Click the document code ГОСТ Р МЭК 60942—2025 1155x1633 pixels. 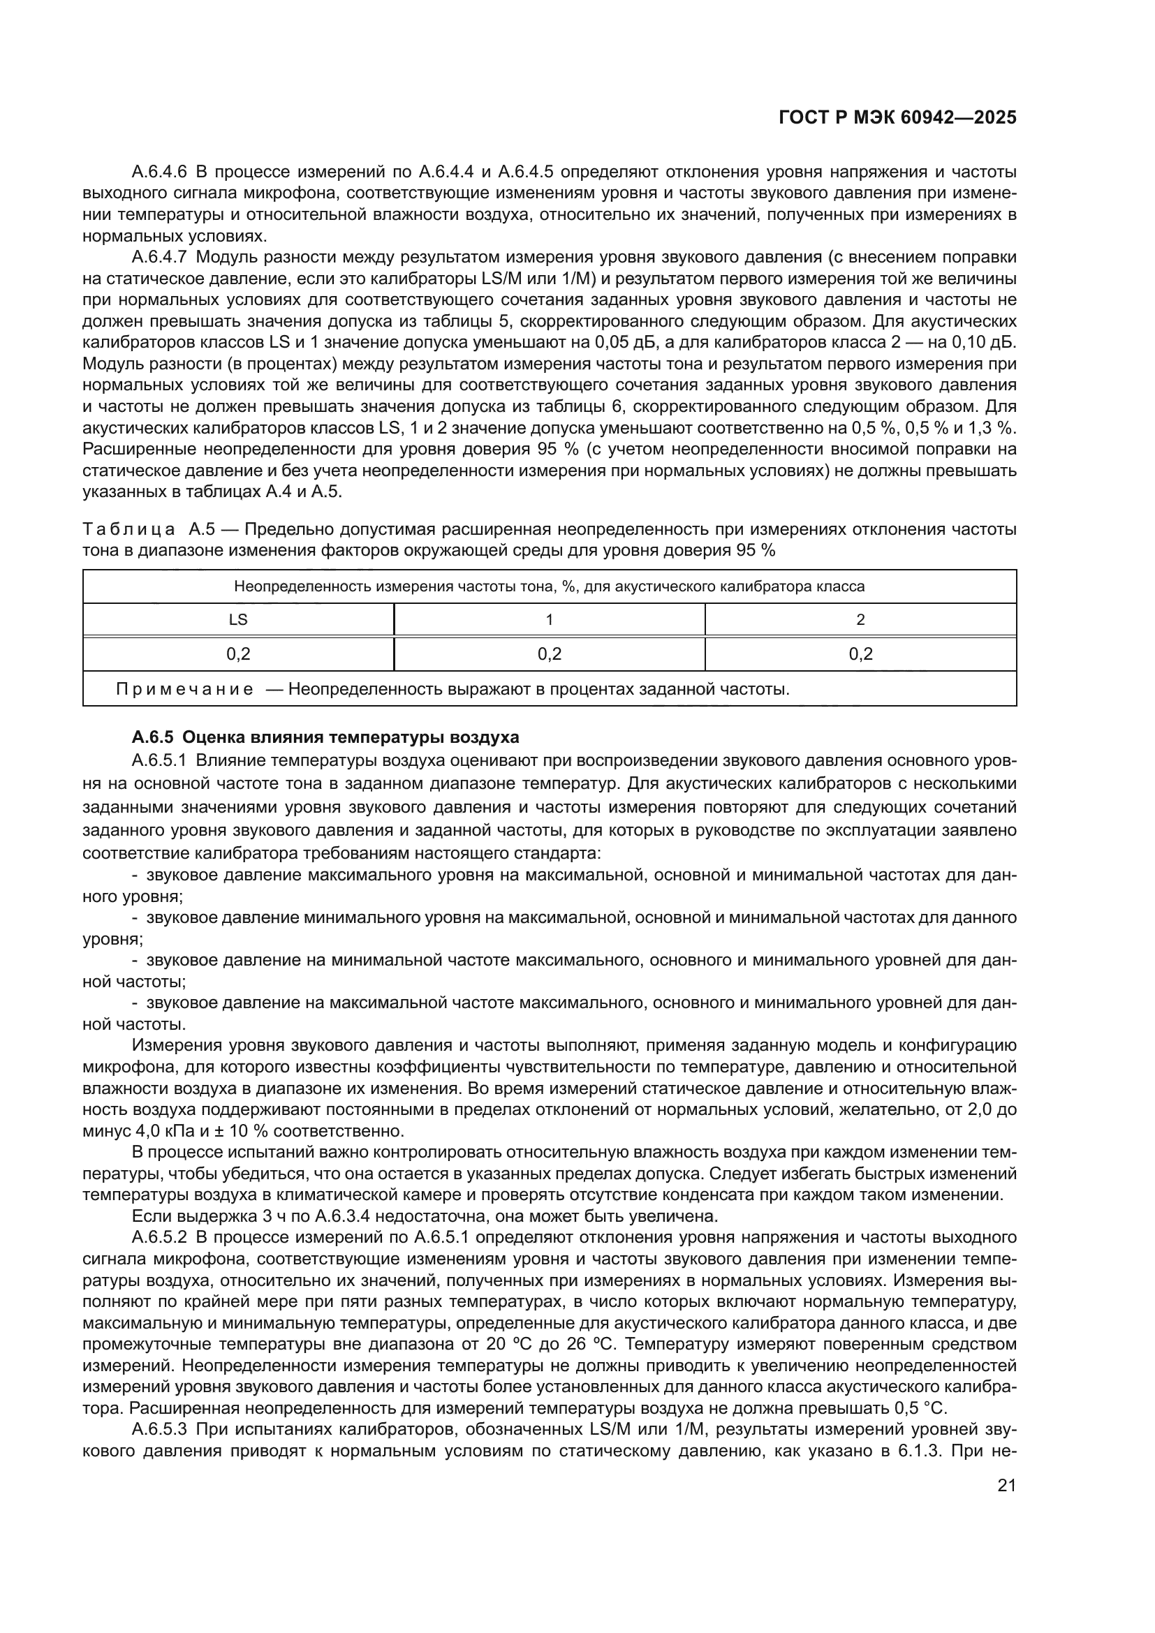897,118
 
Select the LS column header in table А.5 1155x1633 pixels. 238,619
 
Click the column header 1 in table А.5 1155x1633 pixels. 549,619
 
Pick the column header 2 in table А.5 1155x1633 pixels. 860,619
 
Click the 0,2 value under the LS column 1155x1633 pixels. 238,653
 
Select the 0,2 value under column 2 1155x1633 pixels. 860,653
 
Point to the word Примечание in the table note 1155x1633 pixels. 185,689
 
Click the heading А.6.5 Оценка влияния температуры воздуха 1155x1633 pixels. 325,737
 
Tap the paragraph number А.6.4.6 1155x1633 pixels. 159,172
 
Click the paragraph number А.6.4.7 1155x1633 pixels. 159,257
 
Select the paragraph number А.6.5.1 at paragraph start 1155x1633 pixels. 159,760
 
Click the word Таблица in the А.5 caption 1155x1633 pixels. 129,529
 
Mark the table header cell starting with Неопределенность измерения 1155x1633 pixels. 549,586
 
